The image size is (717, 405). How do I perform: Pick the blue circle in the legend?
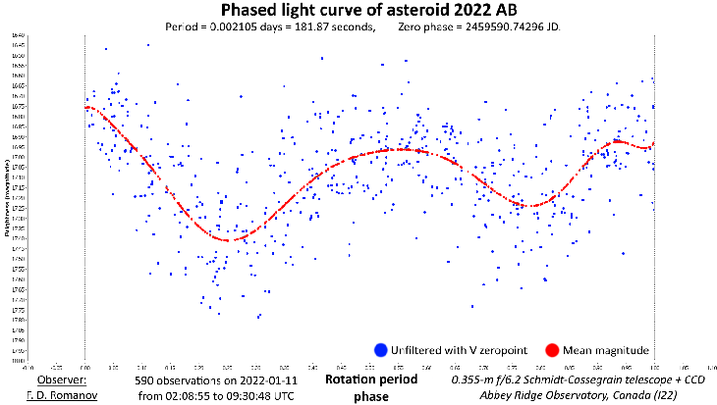(379, 350)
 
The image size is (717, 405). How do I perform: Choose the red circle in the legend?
(551, 350)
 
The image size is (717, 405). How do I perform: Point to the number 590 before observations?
(144, 379)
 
